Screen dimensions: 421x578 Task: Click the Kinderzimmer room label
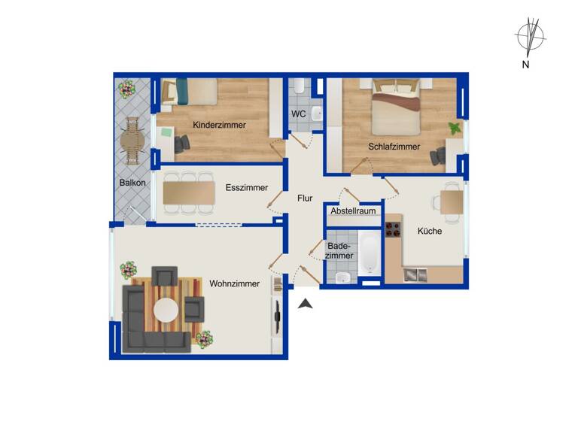click(x=219, y=125)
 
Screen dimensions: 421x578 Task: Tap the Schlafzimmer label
click(x=394, y=147)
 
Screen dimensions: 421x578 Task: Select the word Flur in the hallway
click(x=305, y=198)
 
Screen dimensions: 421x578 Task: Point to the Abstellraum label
click(x=353, y=211)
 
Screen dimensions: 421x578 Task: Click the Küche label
click(x=430, y=231)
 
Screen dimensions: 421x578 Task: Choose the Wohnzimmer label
click(x=235, y=283)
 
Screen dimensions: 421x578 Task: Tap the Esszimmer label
click(x=247, y=188)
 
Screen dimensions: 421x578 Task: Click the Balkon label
click(x=132, y=183)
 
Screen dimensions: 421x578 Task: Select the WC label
click(x=299, y=114)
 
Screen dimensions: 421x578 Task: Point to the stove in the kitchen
click(x=394, y=228)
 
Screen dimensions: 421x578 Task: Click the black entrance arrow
click(x=306, y=304)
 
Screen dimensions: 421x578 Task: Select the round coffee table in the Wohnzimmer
click(x=166, y=309)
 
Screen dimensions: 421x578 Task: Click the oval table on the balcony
click(x=133, y=141)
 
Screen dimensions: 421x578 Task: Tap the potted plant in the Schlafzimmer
click(x=454, y=128)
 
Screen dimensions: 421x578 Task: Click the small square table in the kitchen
click(x=452, y=201)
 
